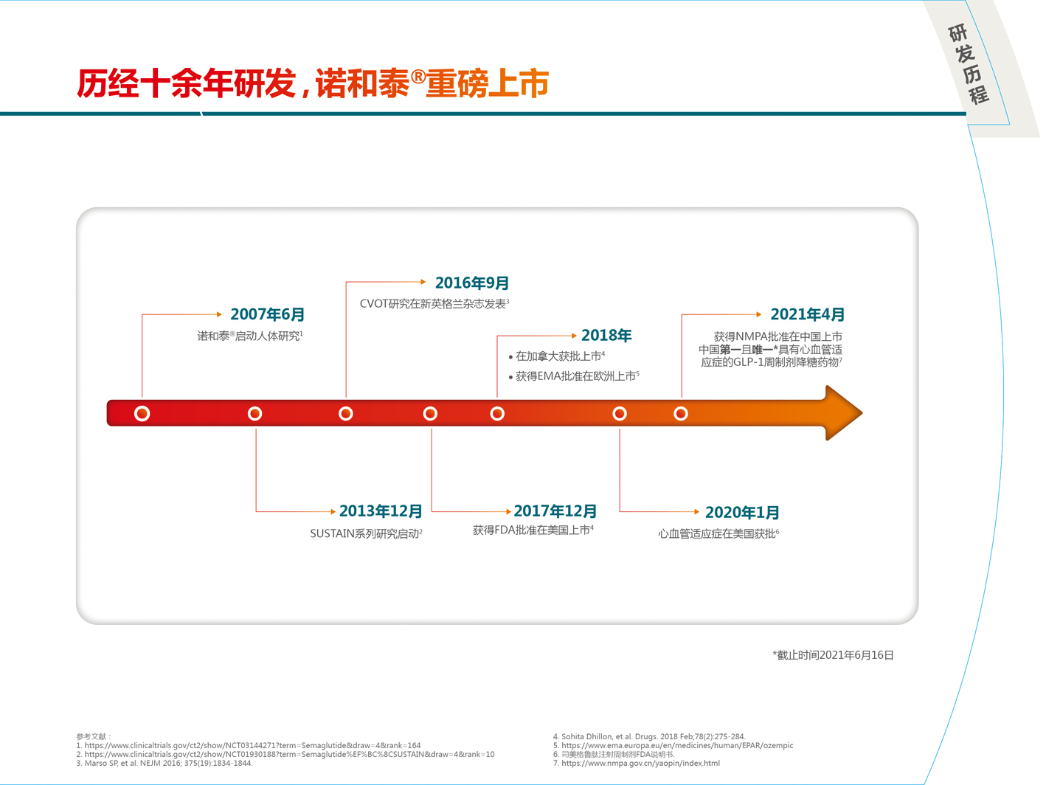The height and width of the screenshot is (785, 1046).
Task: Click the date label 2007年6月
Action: click(x=267, y=314)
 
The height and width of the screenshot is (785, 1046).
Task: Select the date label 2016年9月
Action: click(x=472, y=283)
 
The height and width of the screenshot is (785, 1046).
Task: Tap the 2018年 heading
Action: click(x=606, y=335)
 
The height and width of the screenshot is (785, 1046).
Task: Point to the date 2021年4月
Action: click(x=807, y=314)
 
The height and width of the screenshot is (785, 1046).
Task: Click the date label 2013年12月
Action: click(x=381, y=511)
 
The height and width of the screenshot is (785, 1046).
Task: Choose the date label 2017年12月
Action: click(x=555, y=511)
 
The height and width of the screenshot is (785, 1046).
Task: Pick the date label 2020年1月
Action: click(x=742, y=512)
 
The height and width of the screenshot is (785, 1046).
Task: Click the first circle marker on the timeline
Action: click(x=142, y=413)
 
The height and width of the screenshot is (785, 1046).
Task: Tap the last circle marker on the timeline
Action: click(x=681, y=413)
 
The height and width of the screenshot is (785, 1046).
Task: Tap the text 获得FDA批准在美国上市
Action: click(x=533, y=530)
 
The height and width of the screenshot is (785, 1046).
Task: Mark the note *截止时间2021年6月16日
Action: click(x=833, y=655)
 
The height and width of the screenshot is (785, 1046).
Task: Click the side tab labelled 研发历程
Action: click(x=969, y=63)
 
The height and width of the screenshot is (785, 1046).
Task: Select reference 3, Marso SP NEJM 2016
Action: click(x=164, y=763)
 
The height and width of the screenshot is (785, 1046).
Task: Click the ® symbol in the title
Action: click(x=418, y=76)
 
